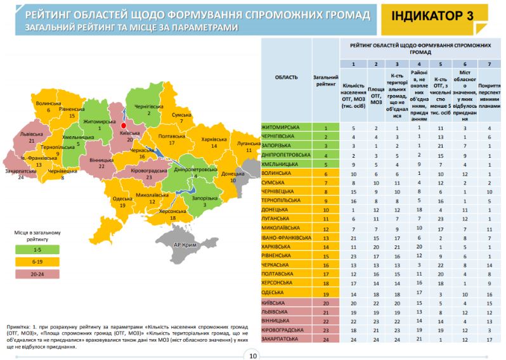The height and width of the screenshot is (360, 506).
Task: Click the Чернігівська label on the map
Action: tap(150, 106)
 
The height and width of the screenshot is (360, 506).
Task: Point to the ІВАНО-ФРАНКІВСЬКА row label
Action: tap(286, 238)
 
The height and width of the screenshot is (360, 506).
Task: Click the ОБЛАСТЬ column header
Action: tap(286, 77)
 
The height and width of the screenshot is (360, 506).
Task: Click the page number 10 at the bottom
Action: tap(253, 355)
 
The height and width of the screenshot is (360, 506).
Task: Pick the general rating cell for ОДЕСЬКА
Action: tap(325, 295)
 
